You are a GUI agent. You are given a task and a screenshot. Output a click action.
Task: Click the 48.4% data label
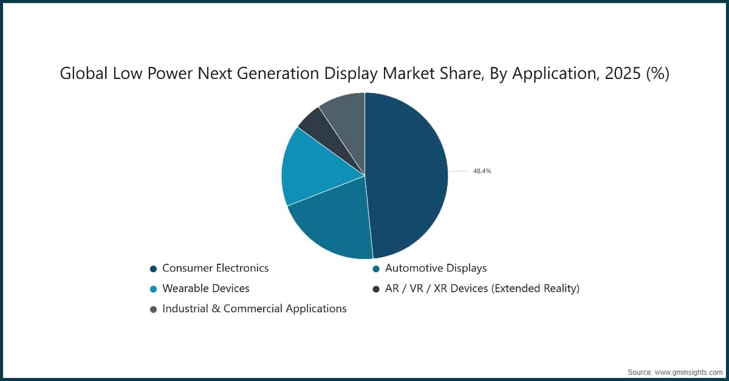tap(482, 171)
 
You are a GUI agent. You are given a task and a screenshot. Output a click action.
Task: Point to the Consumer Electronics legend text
tap(215, 268)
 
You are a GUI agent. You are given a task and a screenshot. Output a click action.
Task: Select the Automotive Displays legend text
tap(435, 268)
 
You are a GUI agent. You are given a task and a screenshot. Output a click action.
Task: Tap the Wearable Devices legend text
tap(206, 288)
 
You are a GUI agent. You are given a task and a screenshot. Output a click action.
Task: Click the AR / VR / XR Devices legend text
tap(482, 288)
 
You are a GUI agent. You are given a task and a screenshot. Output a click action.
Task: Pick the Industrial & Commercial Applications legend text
tap(254, 309)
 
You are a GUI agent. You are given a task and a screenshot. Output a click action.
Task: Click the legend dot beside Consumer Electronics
tap(153, 269)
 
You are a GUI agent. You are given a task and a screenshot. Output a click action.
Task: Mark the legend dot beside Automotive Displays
tap(376, 269)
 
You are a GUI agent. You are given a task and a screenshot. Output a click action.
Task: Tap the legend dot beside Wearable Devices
tap(153, 289)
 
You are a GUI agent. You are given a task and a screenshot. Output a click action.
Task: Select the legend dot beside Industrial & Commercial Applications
tap(153, 309)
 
